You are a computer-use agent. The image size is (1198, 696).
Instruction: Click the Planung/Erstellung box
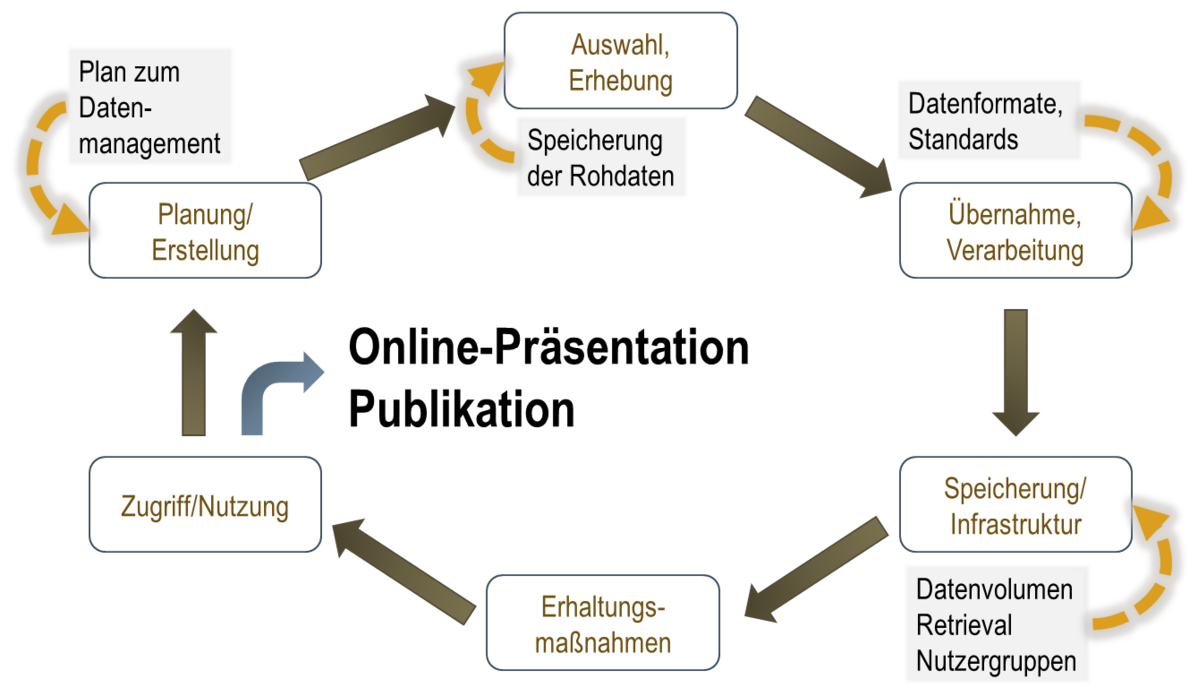point(205,231)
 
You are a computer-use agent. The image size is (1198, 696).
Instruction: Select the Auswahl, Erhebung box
point(620,62)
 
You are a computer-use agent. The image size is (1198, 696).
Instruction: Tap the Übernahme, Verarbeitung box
point(1015,231)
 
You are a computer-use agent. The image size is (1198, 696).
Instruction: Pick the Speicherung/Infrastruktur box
point(1015,505)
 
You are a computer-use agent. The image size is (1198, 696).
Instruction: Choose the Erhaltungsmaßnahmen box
point(602,624)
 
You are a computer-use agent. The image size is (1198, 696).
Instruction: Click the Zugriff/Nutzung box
point(205,506)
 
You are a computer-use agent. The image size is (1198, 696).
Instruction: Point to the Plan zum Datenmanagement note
point(151,104)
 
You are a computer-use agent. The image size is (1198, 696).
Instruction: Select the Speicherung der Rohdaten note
point(601,157)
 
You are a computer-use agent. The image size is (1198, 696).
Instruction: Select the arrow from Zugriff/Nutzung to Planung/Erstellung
point(193,371)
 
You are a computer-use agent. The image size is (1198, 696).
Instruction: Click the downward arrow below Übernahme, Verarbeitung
point(1015,371)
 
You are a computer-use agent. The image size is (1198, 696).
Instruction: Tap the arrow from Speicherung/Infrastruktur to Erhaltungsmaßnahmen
point(815,564)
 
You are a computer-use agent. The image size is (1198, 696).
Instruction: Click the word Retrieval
point(963,626)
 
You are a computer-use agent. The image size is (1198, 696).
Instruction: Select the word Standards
point(963,138)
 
